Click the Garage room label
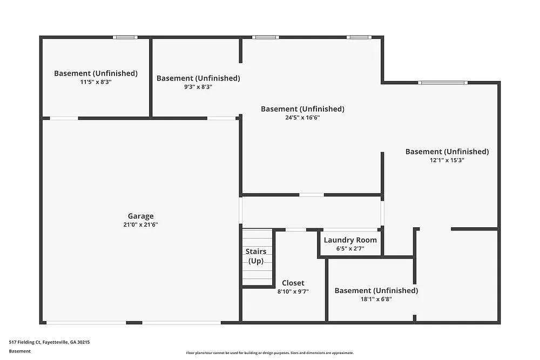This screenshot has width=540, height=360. [x=140, y=216]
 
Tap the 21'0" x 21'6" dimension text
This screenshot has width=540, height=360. [x=140, y=225]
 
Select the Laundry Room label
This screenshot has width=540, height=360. [x=350, y=240]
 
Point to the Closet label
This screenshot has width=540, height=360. [x=293, y=283]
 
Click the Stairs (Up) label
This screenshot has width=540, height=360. [x=255, y=256]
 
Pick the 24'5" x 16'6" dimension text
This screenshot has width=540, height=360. [x=302, y=118]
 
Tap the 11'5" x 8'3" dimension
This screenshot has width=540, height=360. [x=96, y=82]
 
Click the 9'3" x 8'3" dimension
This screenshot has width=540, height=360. [x=198, y=86]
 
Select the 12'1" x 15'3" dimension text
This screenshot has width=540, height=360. [x=447, y=160]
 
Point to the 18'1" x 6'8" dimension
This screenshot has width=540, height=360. [x=376, y=299]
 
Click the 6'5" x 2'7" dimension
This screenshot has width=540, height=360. [x=350, y=249]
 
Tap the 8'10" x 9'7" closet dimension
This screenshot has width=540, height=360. [x=293, y=291]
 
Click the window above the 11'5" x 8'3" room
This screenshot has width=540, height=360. [x=125, y=37]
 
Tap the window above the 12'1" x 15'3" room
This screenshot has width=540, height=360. [x=442, y=83]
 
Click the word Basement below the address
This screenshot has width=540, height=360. [x=20, y=351]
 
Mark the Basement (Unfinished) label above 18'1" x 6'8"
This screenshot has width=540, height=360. [x=376, y=290]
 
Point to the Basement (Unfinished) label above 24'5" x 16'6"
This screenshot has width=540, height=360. [x=302, y=109]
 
